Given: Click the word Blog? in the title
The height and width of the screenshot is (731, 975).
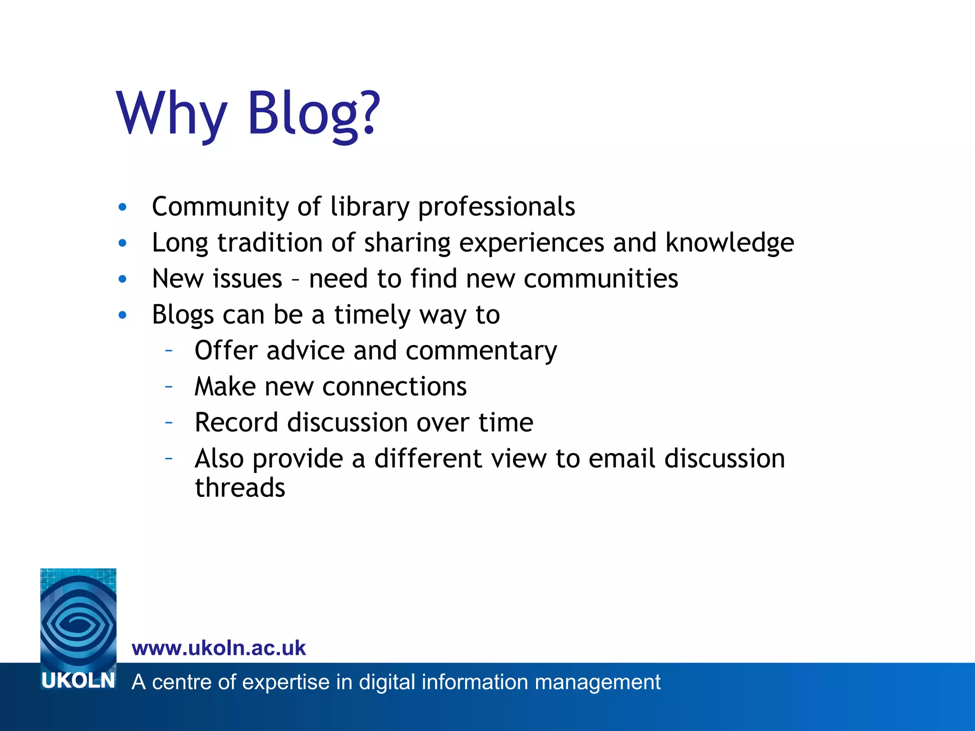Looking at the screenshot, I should (313, 114).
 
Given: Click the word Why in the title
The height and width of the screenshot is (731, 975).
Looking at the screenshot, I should (172, 114).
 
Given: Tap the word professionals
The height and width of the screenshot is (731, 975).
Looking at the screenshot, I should (496, 207).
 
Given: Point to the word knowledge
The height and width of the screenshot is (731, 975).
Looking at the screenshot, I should (729, 243).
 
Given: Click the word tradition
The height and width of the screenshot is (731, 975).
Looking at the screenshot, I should (269, 243).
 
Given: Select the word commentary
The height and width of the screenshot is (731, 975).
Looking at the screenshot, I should (481, 351).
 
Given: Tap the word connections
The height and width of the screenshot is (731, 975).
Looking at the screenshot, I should (395, 386).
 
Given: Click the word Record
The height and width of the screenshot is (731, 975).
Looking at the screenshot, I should (236, 423).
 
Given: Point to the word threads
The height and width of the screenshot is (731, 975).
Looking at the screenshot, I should (240, 488).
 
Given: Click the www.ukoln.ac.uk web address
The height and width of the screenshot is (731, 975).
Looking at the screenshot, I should (219, 648).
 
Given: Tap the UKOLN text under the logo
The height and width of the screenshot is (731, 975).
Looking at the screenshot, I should (78, 681).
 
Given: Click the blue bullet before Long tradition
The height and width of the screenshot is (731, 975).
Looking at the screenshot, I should (122, 243).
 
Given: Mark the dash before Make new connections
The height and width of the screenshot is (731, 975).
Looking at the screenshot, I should (168, 386).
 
